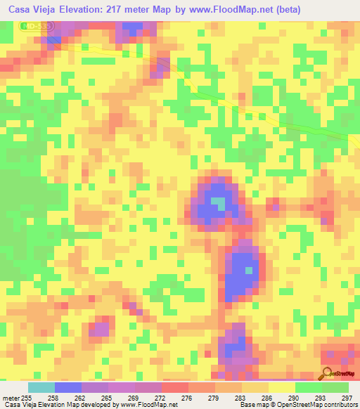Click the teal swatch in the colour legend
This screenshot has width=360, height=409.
click(x=41, y=387)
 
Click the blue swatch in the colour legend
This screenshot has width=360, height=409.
click(x=68, y=387)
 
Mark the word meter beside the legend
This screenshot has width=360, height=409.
click(x=11, y=397)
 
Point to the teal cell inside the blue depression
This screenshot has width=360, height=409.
click(x=219, y=204)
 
